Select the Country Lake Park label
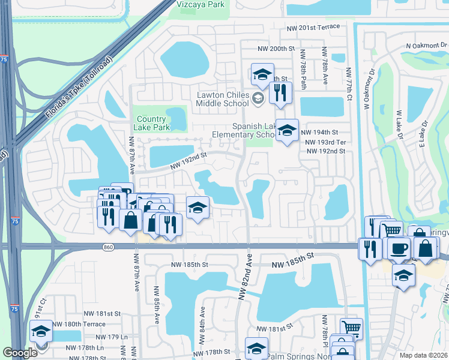point(153,123)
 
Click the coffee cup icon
point(399,249)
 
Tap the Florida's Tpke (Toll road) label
point(78,87)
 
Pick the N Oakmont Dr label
point(427,45)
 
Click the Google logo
point(20,353)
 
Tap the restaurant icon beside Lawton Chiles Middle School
point(280,94)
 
